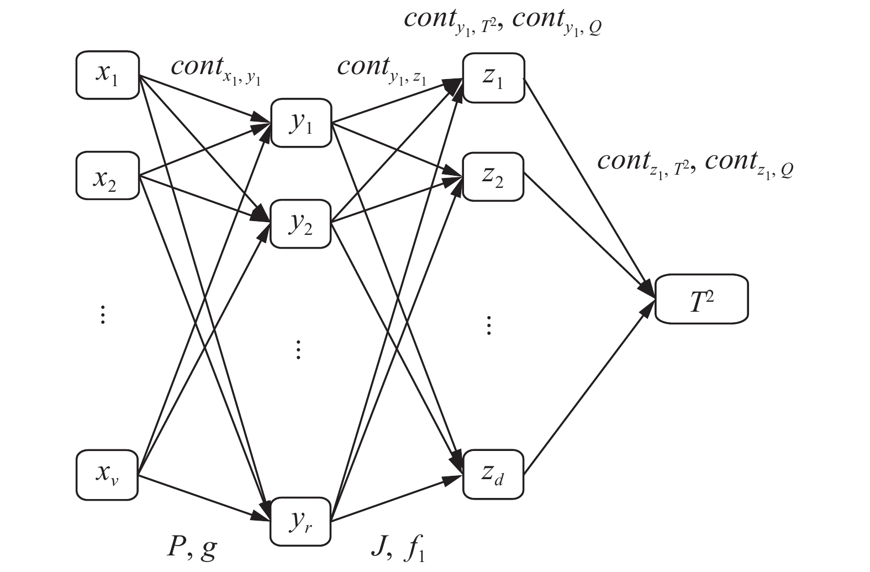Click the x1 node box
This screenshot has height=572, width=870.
107,75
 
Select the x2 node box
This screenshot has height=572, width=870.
107,176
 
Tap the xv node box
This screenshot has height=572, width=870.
107,475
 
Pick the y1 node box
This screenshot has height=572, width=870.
301,123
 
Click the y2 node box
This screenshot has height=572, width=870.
300,224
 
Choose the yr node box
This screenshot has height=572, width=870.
300,521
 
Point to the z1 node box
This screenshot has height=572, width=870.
493,78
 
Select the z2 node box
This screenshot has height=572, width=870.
493,176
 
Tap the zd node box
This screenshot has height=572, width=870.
493,475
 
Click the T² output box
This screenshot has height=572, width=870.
702,299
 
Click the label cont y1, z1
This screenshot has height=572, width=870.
382,70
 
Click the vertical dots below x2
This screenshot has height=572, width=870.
102,314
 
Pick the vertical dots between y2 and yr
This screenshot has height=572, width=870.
298,349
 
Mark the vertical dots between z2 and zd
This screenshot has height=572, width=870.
488,326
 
